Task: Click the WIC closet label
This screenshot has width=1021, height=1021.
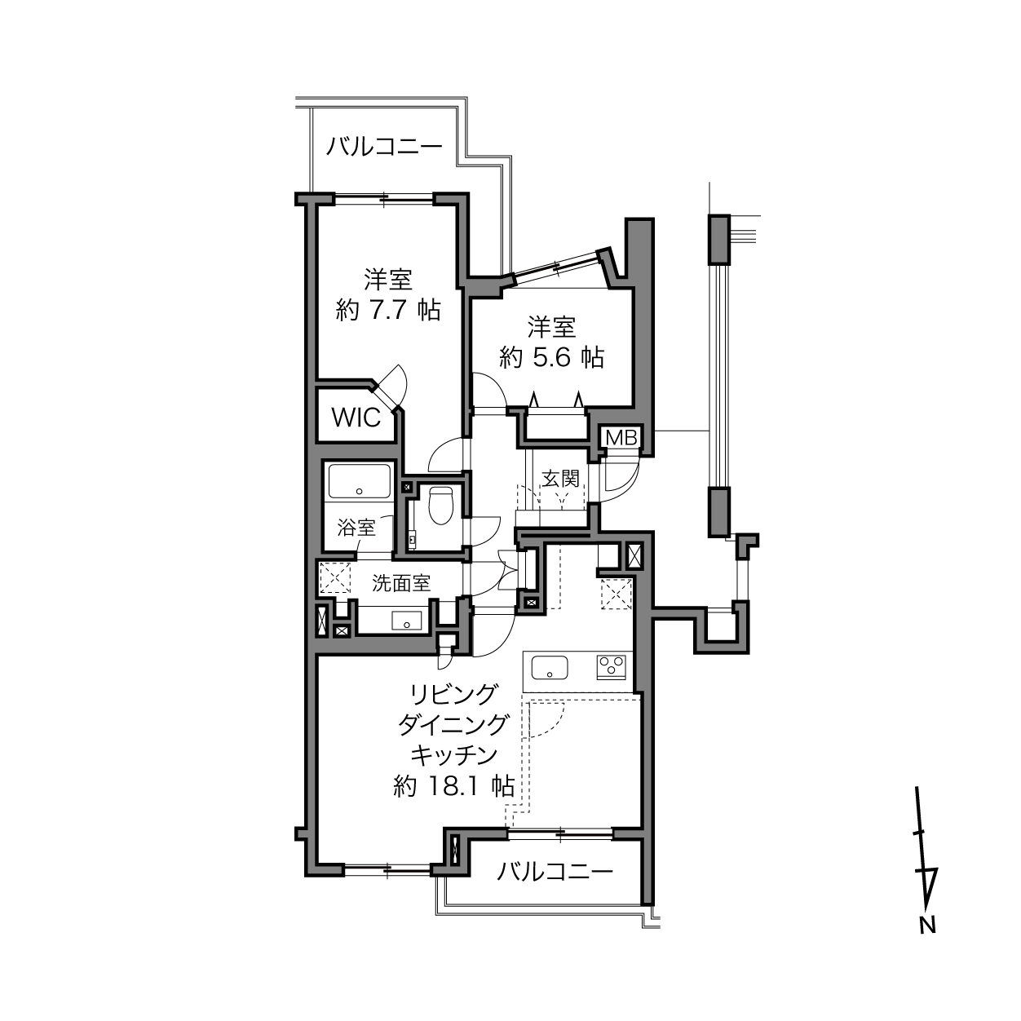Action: coord(356,418)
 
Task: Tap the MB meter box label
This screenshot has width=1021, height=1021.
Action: coord(621,438)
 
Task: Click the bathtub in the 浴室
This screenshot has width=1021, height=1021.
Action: coord(360,480)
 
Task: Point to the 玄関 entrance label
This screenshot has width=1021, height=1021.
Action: coord(560,479)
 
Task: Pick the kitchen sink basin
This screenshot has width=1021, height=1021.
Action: coord(550,667)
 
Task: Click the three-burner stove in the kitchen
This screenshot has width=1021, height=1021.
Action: coord(612,667)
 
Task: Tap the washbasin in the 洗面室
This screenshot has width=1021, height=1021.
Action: coord(406,621)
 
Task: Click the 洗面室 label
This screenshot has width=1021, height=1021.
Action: coord(401,583)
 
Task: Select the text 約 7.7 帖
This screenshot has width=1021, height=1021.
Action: coord(388,310)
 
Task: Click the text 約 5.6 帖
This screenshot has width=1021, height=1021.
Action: coord(551,358)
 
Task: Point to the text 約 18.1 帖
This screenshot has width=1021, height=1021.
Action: coord(454,787)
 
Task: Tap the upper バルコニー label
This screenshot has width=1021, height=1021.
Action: coord(384,147)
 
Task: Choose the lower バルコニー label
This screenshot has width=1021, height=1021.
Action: coord(555,871)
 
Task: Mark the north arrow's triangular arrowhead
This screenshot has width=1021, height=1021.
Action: coord(928,887)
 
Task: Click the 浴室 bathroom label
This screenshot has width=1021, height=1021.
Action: coord(356,528)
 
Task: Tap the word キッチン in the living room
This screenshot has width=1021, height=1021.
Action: coord(454,755)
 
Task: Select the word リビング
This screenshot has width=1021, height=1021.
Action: coord(454,694)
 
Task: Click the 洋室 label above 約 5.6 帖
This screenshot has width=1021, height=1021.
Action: coord(551,328)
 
